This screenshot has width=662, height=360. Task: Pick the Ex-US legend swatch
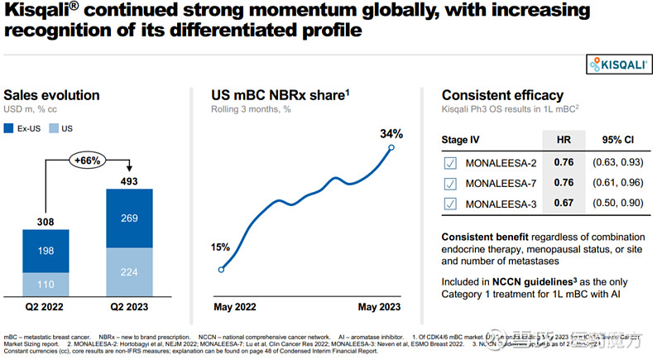[x=10, y=128]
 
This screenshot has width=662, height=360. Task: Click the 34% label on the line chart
[x=391, y=133]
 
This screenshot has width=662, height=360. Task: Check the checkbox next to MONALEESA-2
[x=450, y=163]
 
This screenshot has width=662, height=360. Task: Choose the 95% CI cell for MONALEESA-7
[x=618, y=184]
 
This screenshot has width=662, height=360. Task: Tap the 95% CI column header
[x=617, y=141]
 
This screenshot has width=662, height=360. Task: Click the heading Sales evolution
[x=52, y=95]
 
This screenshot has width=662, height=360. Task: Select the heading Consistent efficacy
[x=502, y=95]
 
